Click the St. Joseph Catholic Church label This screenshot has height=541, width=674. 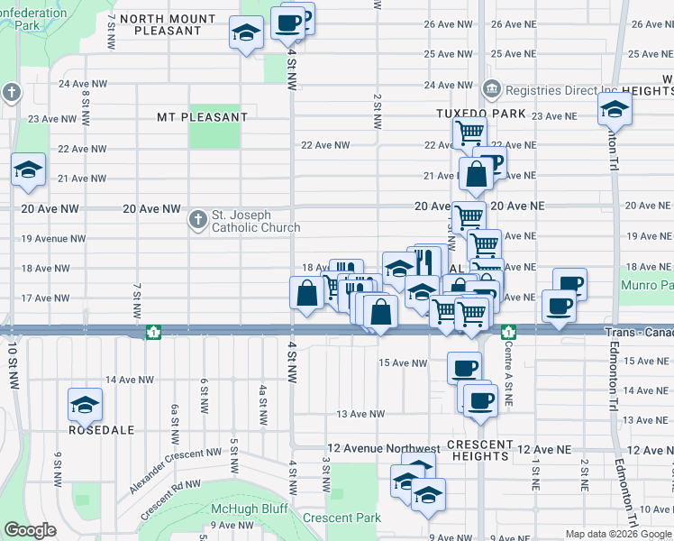click(x=255, y=222)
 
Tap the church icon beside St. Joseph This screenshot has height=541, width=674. click(x=198, y=219)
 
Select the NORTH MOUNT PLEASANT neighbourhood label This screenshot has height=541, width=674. click(x=168, y=24)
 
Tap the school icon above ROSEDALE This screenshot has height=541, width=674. click(x=85, y=405)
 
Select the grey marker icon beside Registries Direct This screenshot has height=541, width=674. click(x=491, y=88)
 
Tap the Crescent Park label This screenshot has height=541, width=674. click(x=342, y=518)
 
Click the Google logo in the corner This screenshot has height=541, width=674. click(x=30, y=530)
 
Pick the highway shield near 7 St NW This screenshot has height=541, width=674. click(x=154, y=332)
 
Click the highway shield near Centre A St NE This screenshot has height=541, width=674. click(x=508, y=332)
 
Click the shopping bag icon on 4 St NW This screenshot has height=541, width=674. click(x=307, y=293)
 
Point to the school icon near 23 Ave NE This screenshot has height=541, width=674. click(x=615, y=109)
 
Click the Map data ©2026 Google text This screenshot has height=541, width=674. click(x=618, y=534)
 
